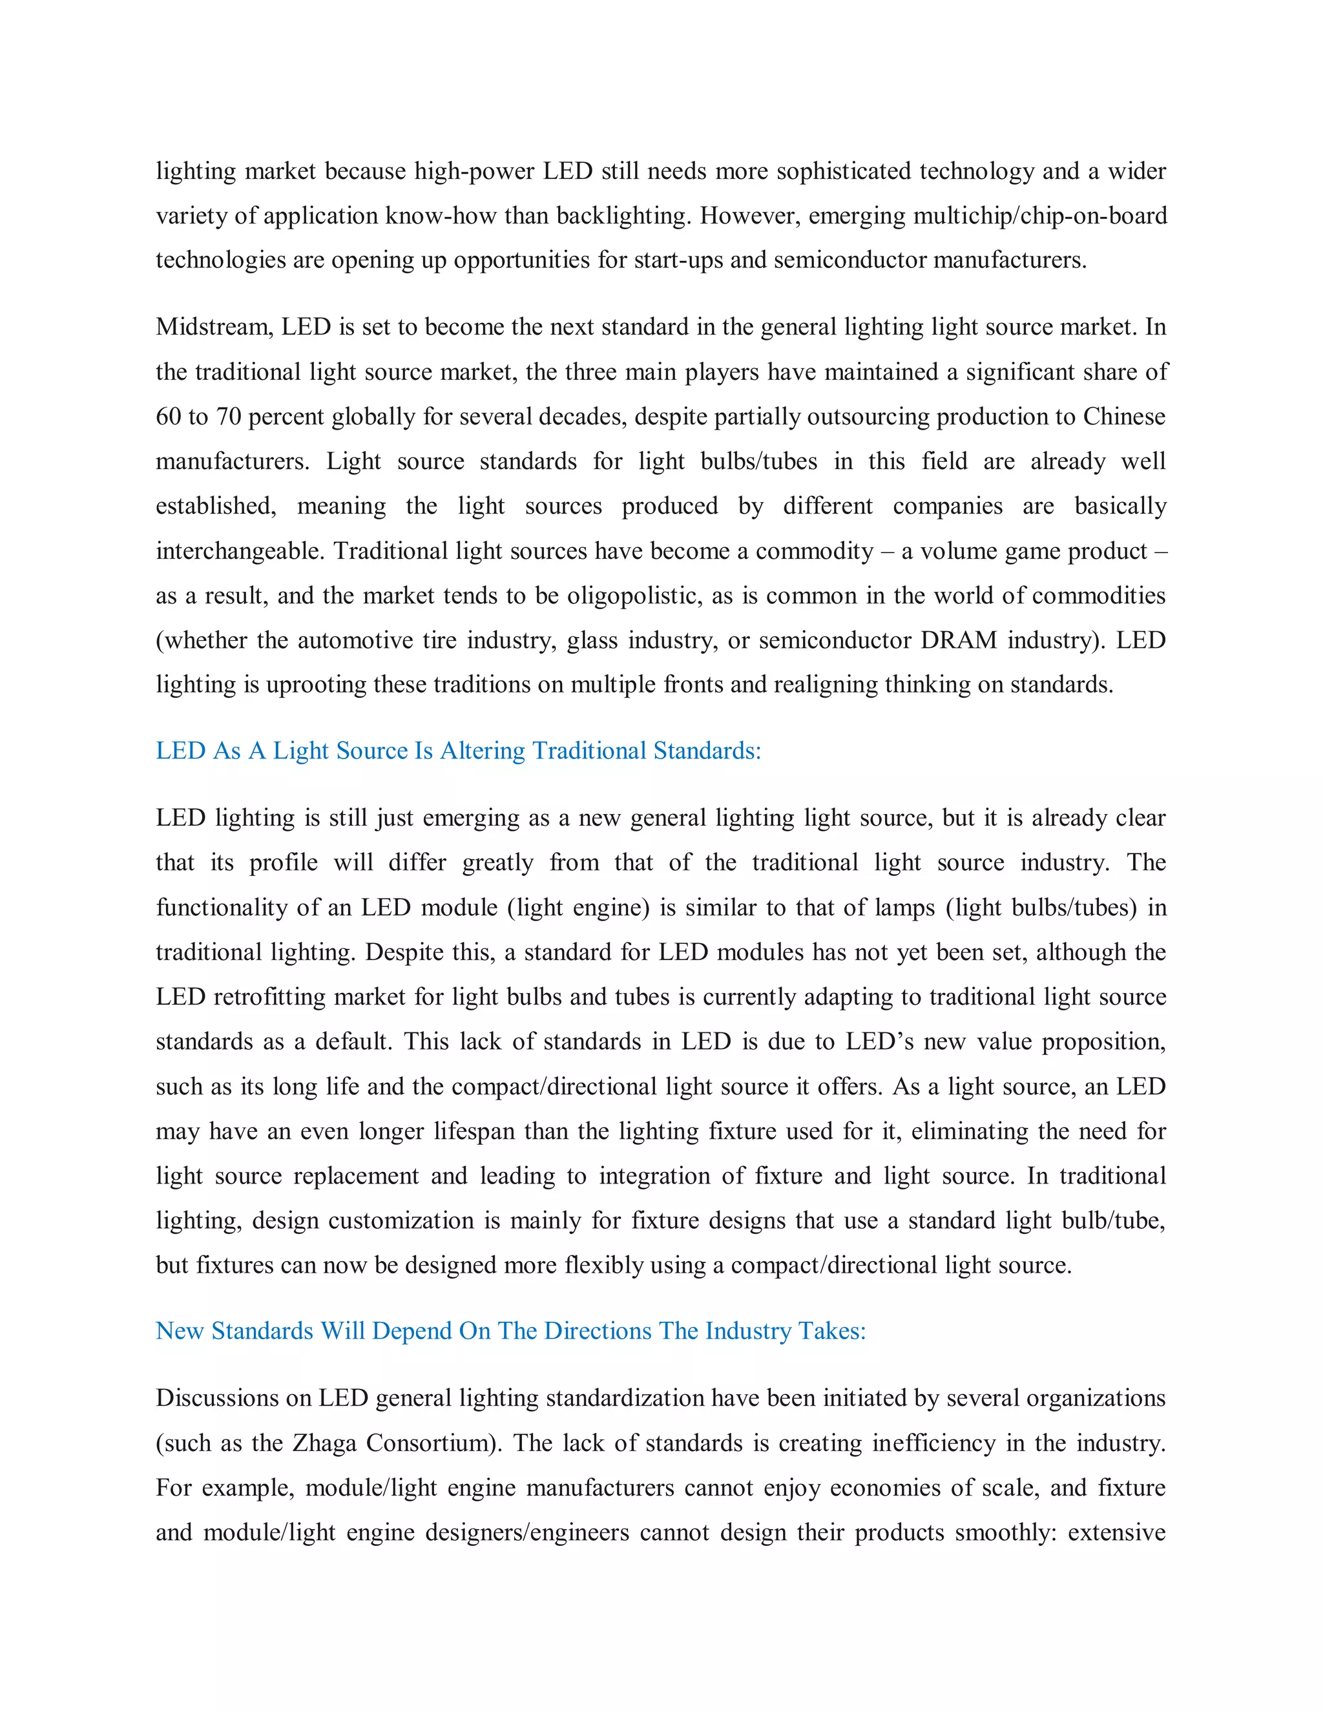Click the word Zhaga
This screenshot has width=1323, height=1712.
(x=324, y=1443)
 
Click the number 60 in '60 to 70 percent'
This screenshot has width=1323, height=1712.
(x=169, y=416)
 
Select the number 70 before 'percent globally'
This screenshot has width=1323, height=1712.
(x=228, y=416)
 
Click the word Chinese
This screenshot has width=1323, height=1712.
(x=1124, y=416)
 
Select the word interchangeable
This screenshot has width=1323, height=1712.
(x=239, y=551)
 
